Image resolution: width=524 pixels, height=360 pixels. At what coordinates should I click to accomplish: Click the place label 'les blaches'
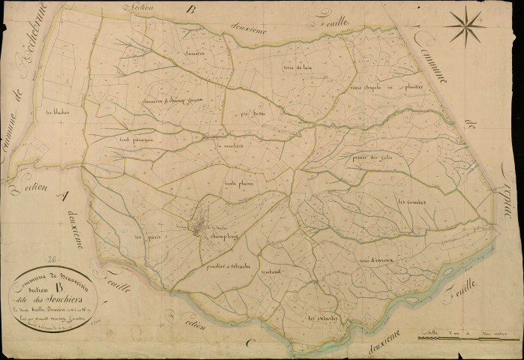pos(58,113)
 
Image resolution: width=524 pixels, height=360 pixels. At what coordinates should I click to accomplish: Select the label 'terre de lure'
pos(297,68)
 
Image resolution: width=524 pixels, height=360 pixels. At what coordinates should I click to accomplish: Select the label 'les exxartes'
pos(325,318)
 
